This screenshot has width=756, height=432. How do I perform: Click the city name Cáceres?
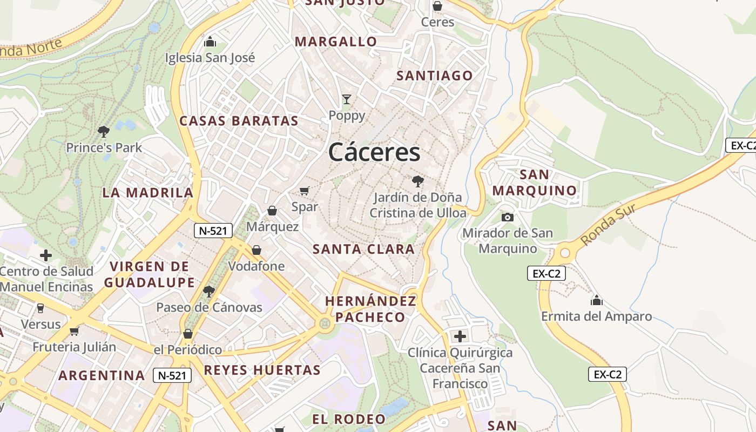click(374, 152)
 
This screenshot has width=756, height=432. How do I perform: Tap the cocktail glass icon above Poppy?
click(347, 99)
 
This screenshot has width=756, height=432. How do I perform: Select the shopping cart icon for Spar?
click(305, 191)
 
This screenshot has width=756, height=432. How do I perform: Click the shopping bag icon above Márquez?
click(272, 210)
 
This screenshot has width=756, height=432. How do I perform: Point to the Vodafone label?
click(256, 266)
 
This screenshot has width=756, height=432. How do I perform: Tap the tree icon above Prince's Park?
click(103, 131)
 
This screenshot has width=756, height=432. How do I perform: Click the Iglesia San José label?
click(210, 58)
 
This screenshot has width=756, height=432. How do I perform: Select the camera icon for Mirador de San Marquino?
click(507, 217)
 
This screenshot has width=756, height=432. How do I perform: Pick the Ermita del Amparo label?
click(597, 316)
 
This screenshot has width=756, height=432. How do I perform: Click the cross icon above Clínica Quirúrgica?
click(460, 336)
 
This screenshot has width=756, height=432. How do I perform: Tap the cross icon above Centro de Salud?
click(46, 255)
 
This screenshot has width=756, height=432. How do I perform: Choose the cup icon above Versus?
click(40, 308)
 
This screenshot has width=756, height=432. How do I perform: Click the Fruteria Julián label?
click(74, 347)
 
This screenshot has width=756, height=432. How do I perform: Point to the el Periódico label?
click(187, 350)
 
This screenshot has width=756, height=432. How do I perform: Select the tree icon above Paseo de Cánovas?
click(208, 292)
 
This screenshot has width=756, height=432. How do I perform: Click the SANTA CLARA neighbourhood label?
click(363, 249)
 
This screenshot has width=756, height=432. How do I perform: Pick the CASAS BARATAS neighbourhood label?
click(239, 121)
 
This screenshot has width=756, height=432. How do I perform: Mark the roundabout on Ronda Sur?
click(565, 252)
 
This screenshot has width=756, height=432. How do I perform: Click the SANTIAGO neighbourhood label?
click(435, 76)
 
